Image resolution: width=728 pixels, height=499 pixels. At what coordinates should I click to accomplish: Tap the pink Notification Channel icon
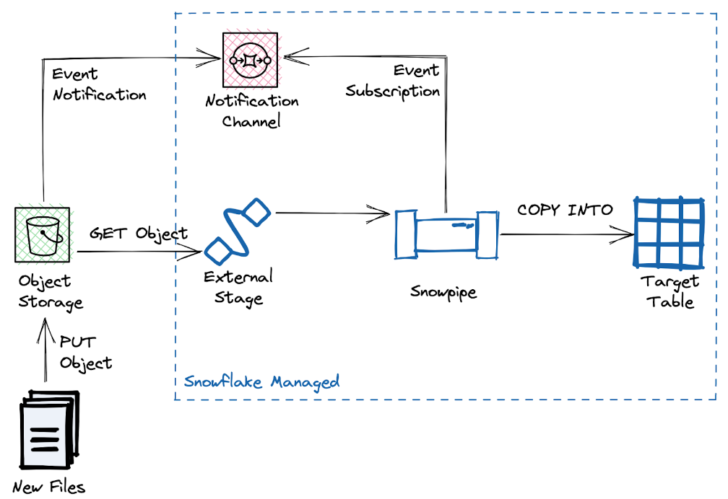tap(249, 60)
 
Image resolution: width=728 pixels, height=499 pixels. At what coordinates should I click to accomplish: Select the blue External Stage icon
tap(237, 231)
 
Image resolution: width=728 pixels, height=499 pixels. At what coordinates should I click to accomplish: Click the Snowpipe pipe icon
tap(446, 234)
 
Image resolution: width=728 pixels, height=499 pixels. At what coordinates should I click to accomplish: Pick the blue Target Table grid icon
tap(668, 232)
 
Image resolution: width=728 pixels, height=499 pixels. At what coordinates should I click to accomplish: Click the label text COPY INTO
tap(565, 211)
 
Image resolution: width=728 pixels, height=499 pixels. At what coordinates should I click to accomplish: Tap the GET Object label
tap(139, 234)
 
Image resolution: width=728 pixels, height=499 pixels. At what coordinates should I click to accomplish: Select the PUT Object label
tap(86, 352)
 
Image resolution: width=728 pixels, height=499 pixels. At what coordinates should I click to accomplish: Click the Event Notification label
tap(99, 84)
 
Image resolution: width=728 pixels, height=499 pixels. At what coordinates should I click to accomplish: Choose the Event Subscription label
tap(393, 81)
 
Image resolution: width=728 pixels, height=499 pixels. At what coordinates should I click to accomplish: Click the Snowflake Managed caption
tap(261, 381)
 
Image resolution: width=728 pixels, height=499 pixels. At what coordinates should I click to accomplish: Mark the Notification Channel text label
tap(251, 111)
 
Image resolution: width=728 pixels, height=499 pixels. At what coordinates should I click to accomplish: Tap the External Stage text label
tap(238, 287)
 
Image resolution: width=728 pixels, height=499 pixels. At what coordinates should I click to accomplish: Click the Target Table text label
tap(669, 291)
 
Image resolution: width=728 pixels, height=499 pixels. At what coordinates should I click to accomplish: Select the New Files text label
tap(48, 487)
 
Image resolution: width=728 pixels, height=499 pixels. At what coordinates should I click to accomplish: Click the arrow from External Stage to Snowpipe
tap(332, 213)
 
